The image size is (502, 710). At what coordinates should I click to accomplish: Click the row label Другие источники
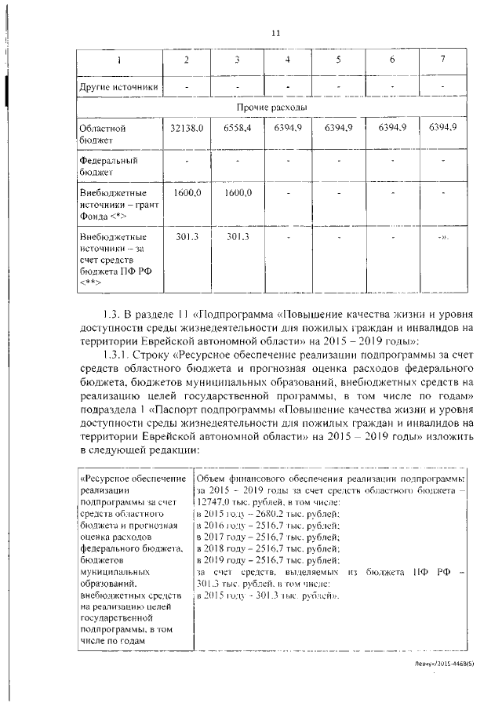119,86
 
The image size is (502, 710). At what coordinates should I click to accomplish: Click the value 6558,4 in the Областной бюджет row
236,127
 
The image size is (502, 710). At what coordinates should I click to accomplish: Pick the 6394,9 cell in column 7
442,127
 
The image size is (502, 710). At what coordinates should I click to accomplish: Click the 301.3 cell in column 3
236,235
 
